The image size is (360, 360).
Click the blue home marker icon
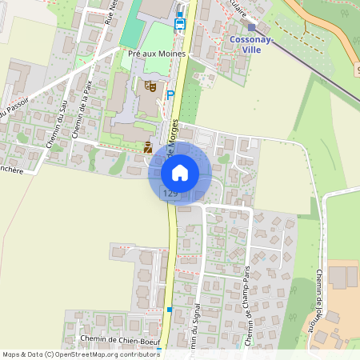click(180, 172)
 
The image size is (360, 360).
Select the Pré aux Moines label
click(157, 54)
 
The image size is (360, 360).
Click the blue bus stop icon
click(179, 24)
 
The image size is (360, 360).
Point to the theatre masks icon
click(150, 85)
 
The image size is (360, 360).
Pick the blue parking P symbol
click(170, 94)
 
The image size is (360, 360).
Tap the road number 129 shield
click(170, 194)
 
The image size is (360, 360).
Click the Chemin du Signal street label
click(195, 324)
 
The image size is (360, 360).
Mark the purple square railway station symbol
click(251, 26)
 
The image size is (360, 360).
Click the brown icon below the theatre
click(147, 146)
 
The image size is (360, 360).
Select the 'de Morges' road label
click(175, 132)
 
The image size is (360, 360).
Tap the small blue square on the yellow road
click(169, 309)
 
